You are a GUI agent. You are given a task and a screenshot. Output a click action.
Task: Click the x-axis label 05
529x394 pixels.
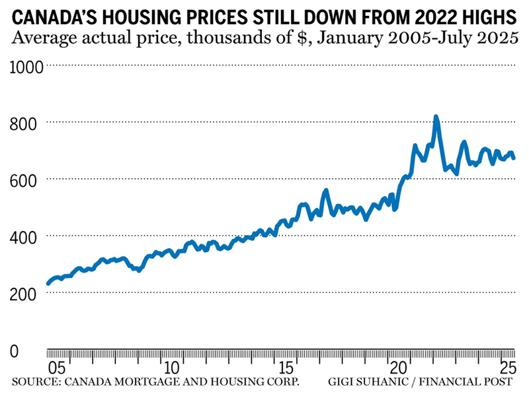56,367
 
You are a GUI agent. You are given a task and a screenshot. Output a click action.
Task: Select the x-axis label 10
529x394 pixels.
171,367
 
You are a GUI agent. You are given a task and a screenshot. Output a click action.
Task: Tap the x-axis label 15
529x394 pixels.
286,367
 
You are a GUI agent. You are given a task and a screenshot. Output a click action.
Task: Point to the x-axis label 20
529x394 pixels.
399,367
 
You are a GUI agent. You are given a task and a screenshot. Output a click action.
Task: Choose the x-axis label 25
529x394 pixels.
507,367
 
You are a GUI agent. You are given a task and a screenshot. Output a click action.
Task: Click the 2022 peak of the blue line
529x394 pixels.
436,117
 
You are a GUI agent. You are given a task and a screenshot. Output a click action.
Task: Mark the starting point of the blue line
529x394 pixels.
48,284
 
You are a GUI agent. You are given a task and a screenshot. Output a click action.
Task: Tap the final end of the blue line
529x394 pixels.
514,158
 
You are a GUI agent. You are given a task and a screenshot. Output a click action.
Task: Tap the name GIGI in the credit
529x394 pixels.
343,381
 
